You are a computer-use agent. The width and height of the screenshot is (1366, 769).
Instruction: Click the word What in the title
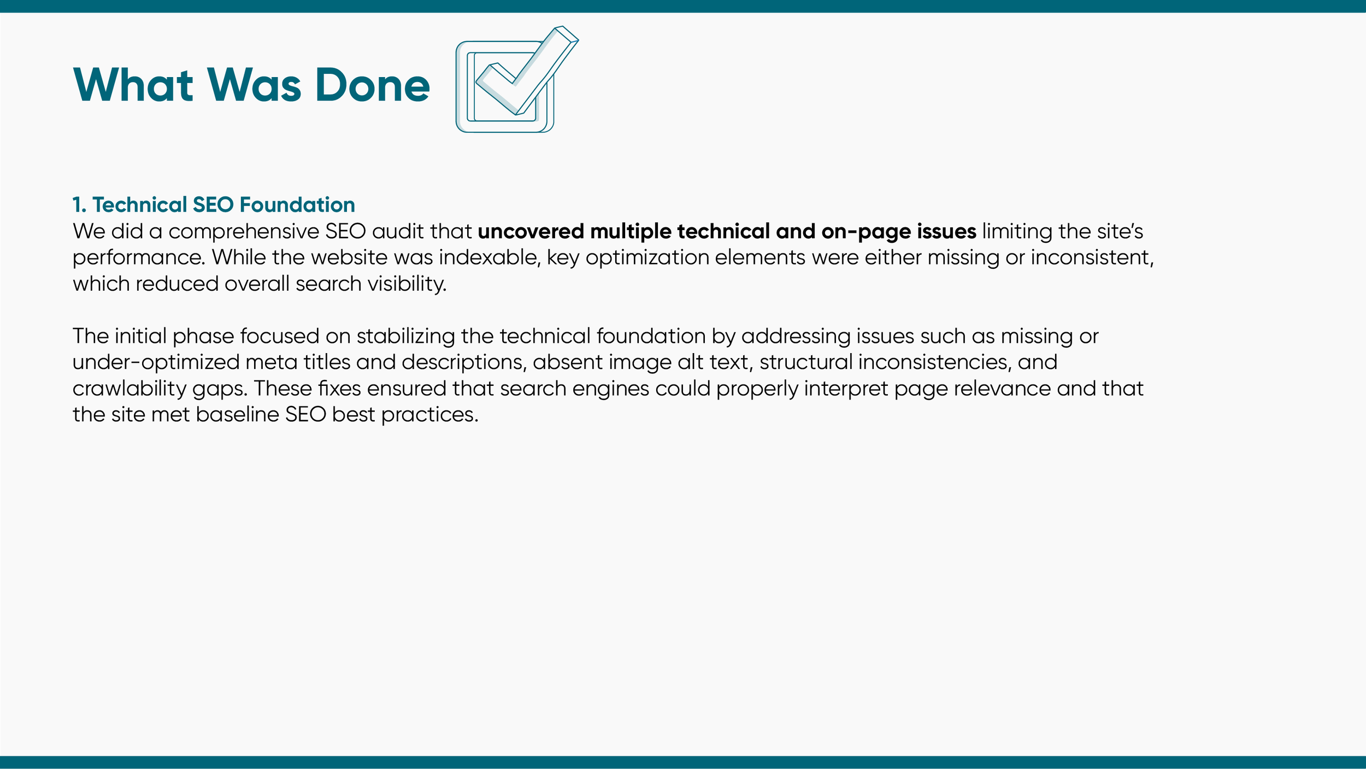[133, 85]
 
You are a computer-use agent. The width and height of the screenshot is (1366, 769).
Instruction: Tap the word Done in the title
[373, 85]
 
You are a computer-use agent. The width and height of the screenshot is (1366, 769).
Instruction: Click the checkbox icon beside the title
[511, 82]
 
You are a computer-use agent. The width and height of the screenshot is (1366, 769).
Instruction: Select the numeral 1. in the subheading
[79, 205]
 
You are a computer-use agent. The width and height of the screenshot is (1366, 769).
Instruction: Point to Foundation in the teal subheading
[297, 205]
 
